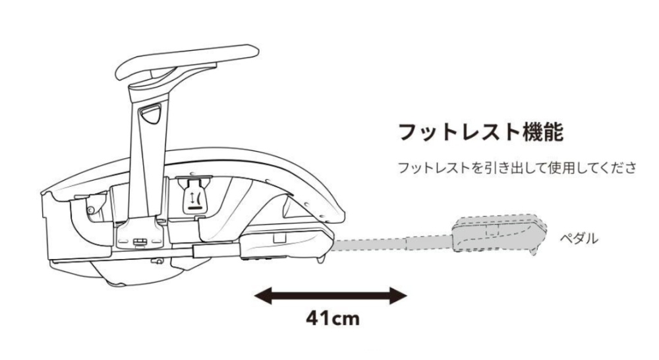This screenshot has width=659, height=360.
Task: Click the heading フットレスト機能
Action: point(480,132)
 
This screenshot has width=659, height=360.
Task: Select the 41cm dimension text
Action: point(333,319)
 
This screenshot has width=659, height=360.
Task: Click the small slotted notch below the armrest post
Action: point(140,242)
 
